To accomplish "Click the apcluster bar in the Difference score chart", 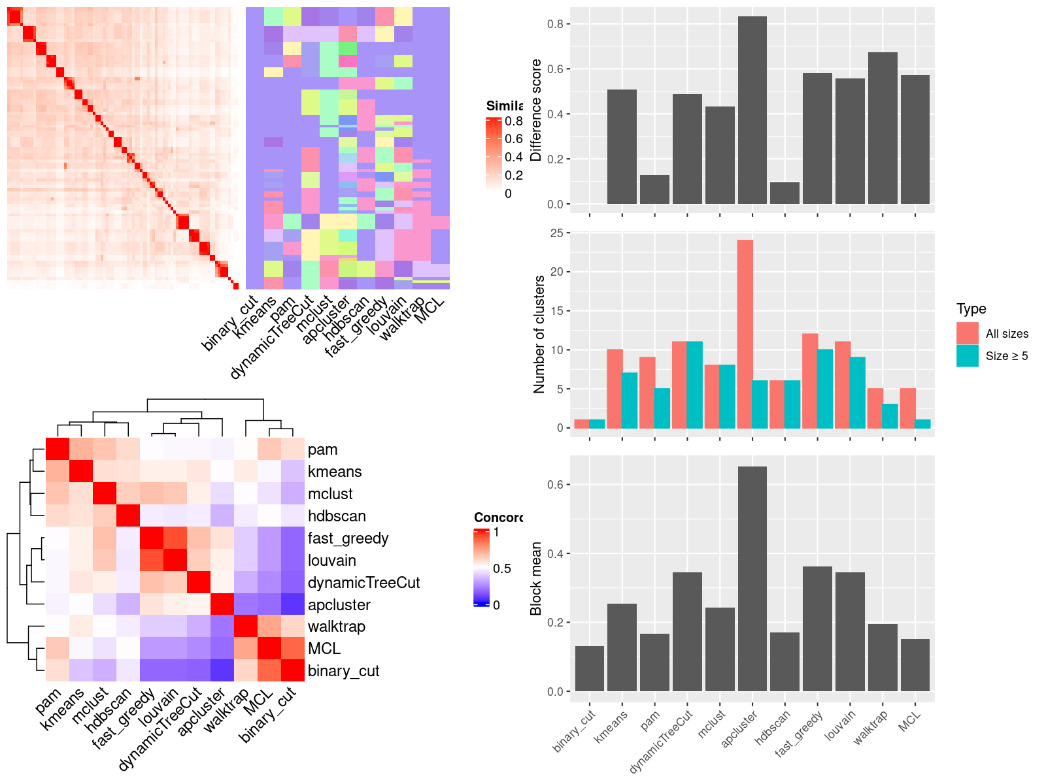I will (752, 111).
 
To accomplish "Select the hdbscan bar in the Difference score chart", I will (785, 193).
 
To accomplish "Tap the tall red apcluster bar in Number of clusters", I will (745, 333).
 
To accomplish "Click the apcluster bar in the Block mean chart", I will (752, 578).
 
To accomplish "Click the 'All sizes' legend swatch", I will (968, 333).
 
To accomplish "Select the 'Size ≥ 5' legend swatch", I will (968, 355).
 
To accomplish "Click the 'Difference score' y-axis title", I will (536, 110).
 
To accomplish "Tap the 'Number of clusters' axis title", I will (539, 334).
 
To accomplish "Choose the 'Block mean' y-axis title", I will (536, 578).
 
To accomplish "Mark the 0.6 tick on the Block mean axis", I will (556, 485).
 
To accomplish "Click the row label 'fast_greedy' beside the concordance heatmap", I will (348, 538).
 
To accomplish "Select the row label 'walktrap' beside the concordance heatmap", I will (336, 627).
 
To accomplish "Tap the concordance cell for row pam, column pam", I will (58, 449).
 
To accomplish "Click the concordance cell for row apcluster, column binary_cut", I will (293, 604).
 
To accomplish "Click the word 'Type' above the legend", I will (971, 309).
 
